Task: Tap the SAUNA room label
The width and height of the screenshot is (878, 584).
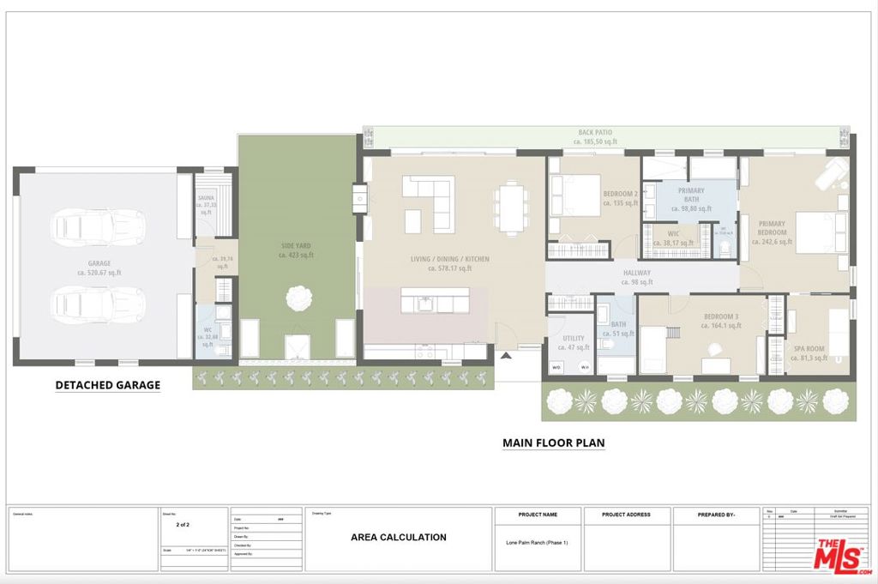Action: (x=206, y=202)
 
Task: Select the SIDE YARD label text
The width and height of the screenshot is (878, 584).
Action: (x=298, y=250)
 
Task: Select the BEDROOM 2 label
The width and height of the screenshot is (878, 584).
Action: (x=620, y=199)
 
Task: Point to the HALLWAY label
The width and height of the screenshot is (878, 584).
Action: (x=637, y=277)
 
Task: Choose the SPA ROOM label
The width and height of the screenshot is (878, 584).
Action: (x=809, y=352)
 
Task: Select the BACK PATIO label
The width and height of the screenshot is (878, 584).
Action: (x=595, y=136)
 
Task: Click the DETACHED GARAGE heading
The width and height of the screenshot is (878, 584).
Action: (x=107, y=385)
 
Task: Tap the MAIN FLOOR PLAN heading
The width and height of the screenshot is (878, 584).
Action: (x=553, y=443)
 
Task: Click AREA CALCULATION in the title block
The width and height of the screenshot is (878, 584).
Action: (x=399, y=538)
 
